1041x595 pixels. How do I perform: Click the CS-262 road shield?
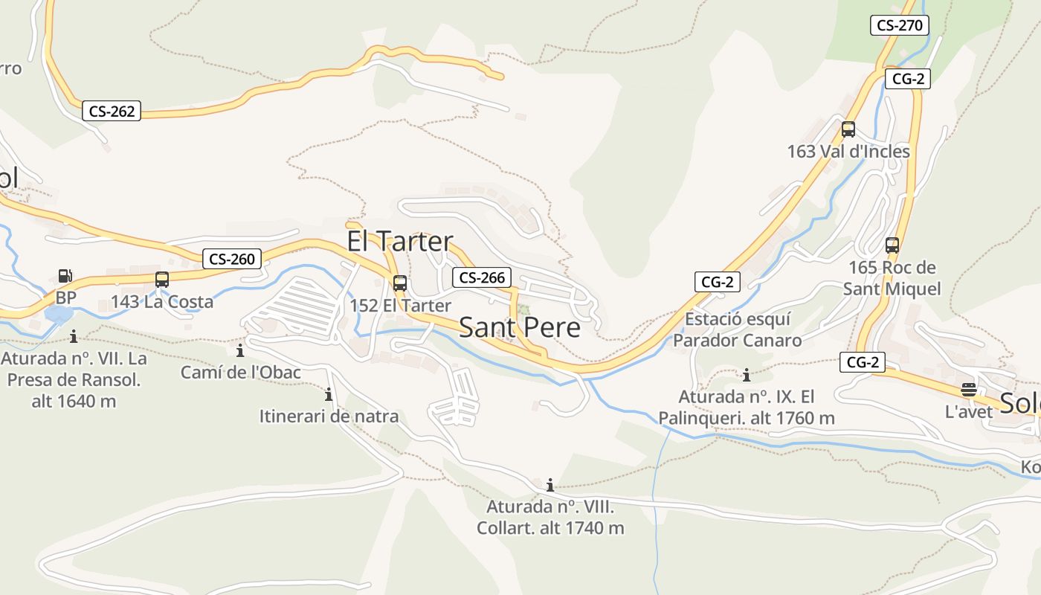pyautogui.click(x=112, y=112)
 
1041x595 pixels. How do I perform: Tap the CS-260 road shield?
pyautogui.click(x=232, y=259)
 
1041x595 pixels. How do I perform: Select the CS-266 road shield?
pyautogui.click(x=482, y=277)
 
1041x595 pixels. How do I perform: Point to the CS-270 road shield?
pyautogui.click(x=899, y=25)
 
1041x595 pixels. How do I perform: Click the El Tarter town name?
pyautogui.click(x=399, y=241)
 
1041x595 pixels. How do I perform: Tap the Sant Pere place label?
pyautogui.click(x=519, y=327)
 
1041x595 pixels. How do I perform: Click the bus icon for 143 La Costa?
pyautogui.click(x=162, y=280)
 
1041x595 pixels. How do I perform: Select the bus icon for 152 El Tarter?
pyautogui.click(x=400, y=283)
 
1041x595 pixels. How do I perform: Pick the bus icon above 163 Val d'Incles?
pyautogui.click(x=848, y=129)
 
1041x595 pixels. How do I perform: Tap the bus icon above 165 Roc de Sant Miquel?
pyautogui.click(x=892, y=245)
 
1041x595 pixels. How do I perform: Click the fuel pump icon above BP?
pyautogui.click(x=65, y=276)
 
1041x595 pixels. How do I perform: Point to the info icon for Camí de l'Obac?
pyautogui.click(x=240, y=350)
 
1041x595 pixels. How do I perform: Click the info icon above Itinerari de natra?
pyautogui.click(x=329, y=394)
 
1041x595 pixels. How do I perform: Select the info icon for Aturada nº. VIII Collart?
pyautogui.click(x=550, y=486)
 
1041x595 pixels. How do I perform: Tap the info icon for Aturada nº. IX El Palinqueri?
pyautogui.click(x=747, y=375)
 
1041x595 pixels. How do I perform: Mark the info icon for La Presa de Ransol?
pyautogui.click(x=73, y=337)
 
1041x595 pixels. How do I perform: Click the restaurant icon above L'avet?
pyautogui.click(x=968, y=389)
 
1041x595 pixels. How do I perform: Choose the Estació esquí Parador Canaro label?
pyautogui.click(x=737, y=329)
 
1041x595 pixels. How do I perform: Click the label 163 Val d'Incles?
pyautogui.click(x=848, y=152)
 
